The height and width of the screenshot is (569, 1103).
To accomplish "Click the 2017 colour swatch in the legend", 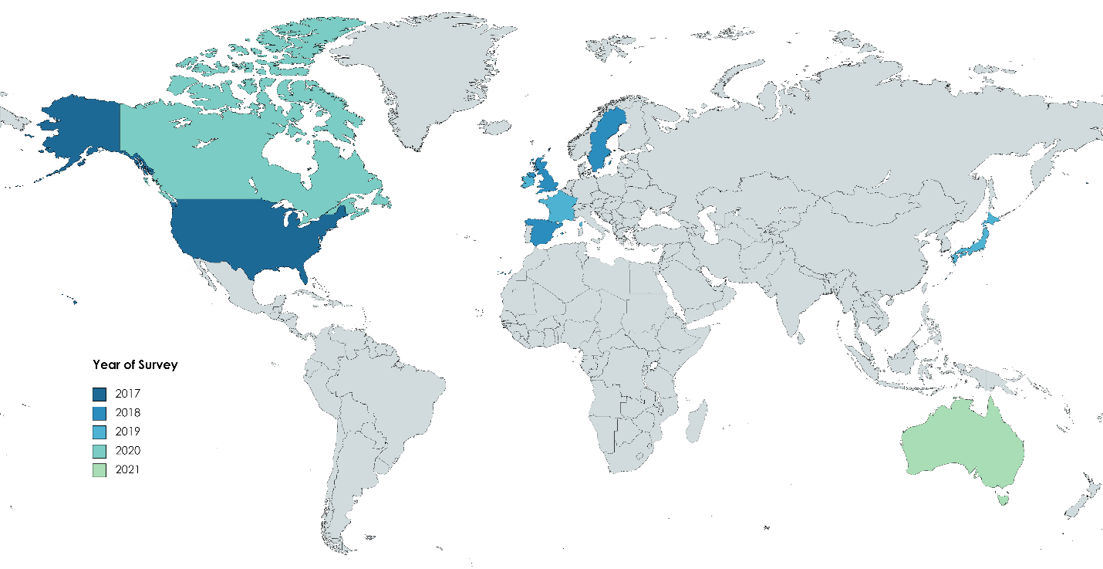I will tap(100, 395).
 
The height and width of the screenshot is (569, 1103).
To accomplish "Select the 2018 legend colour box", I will tap(100, 413).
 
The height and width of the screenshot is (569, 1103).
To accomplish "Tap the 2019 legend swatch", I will tap(100, 432).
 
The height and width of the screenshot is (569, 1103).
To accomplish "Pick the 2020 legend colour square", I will tap(100, 450).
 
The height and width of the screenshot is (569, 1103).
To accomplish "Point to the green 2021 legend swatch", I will tap(100, 469).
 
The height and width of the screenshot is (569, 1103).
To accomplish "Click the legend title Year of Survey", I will tap(135, 364).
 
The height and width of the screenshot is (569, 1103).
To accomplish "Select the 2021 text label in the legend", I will tap(128, 469).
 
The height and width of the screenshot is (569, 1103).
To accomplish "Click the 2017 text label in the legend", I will tap(128, 395).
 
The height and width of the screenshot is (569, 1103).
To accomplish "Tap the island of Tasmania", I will tap(1003, 499).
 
